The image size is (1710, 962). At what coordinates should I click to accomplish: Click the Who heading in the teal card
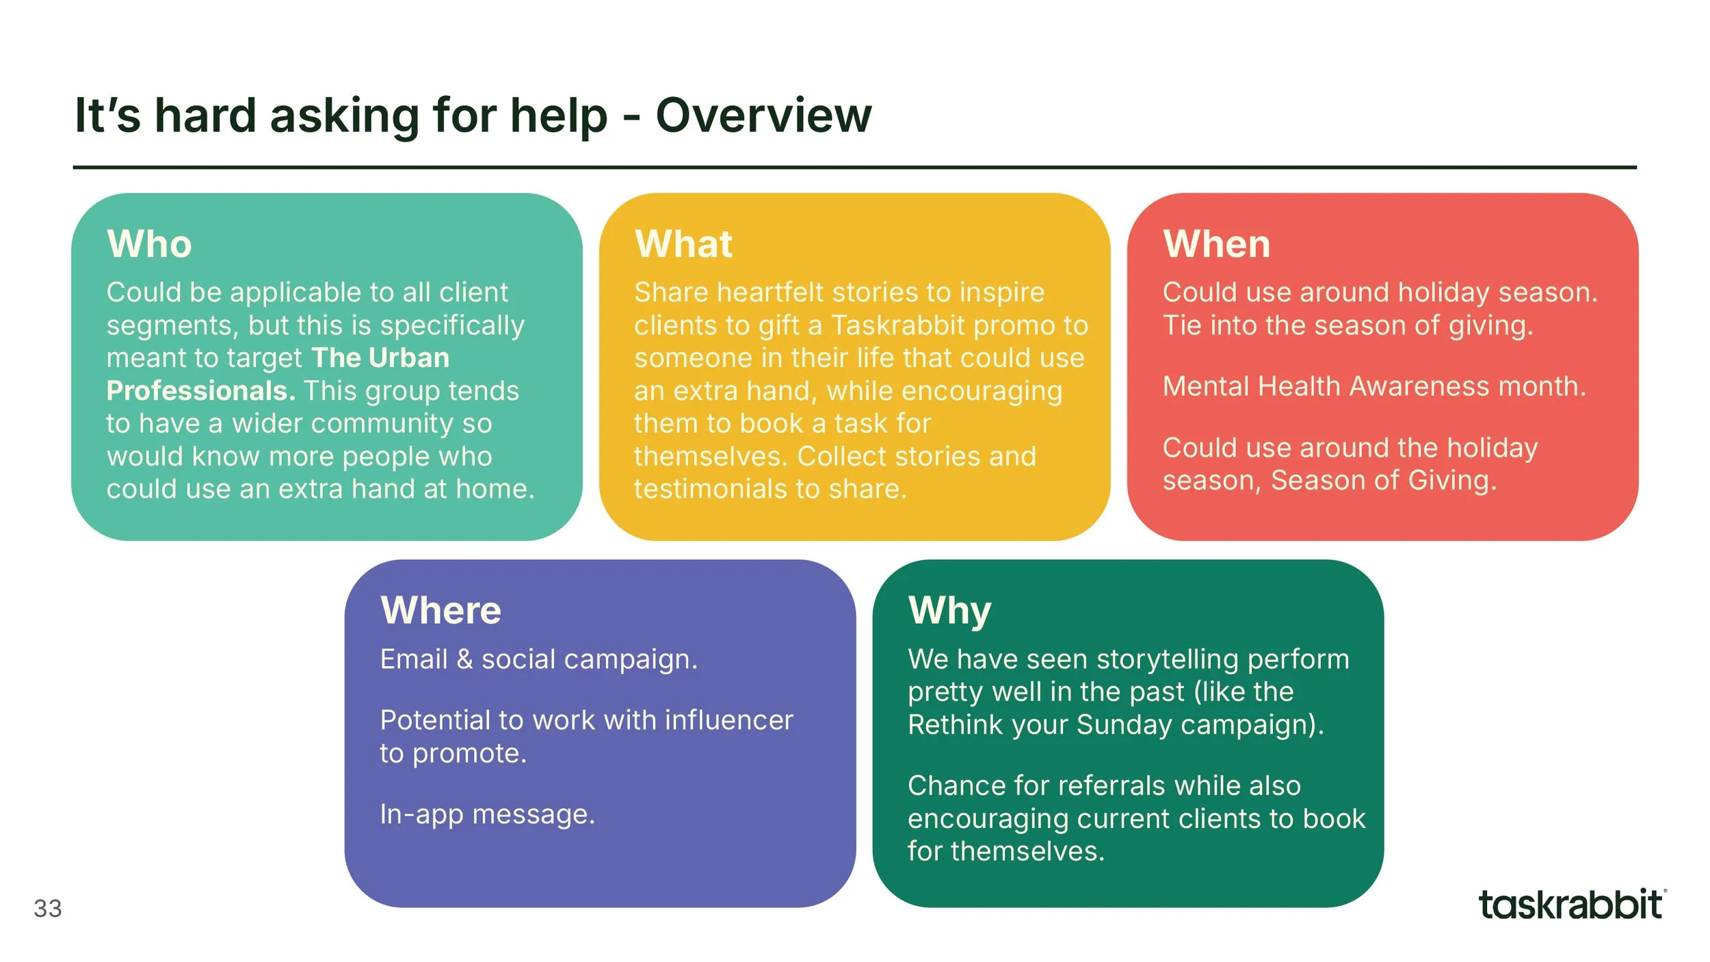pos(149,244)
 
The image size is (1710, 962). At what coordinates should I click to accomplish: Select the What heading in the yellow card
pos(683,244)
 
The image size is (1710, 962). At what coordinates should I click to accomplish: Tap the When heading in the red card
pos(1216,244)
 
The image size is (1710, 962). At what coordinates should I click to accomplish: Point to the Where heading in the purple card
pos(440,611)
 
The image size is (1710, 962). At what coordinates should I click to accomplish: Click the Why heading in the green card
pos(949,611)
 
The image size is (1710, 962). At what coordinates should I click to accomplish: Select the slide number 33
pos(48,909)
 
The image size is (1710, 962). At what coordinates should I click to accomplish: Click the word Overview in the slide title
pos(763,115)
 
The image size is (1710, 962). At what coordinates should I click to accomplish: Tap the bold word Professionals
pos(200,391)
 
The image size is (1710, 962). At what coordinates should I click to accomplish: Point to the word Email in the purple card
pos(414,660)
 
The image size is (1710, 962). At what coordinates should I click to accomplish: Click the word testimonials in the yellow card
pos(710,490)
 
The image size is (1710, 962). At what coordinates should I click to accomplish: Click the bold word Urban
pos(408,358)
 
